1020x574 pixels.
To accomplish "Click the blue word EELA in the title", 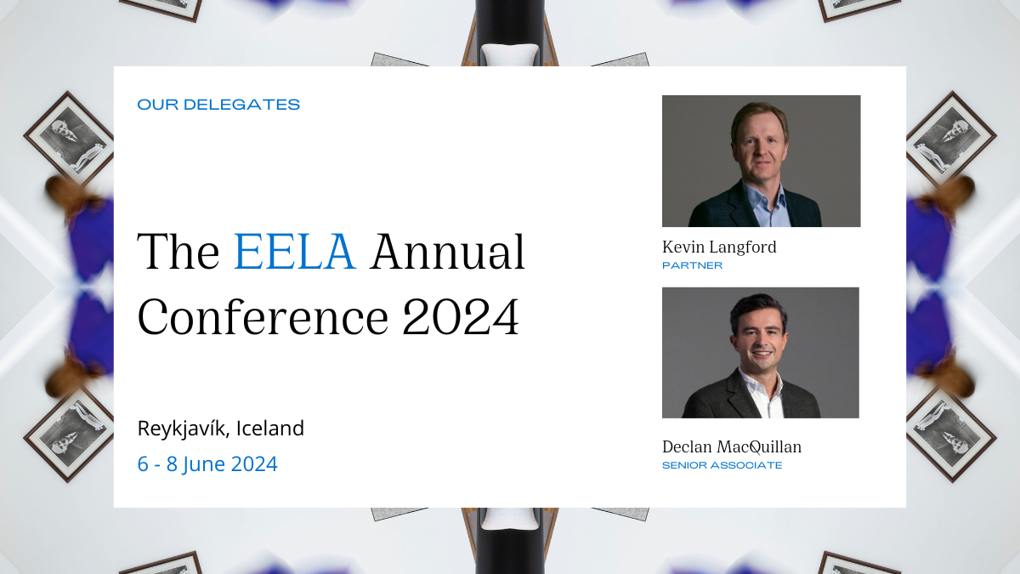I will [x=294, y=253].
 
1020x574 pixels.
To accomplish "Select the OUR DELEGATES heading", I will [x=218, y=105].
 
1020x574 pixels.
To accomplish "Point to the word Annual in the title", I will [x=448, y=253].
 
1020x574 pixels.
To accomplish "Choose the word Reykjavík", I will [x=183, y=429].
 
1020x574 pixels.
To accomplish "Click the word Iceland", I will [x=270, y=429].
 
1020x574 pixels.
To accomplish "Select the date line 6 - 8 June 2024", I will [x=207, y=464].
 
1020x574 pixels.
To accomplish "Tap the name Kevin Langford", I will [x=719, y=247].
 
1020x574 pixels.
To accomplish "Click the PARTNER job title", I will [x=692, y=265].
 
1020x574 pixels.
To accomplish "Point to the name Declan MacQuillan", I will [x=732, y=447].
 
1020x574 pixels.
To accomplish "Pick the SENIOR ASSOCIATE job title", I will [x=722, y=465].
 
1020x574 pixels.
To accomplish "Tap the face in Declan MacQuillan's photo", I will [x=759, y=338].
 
